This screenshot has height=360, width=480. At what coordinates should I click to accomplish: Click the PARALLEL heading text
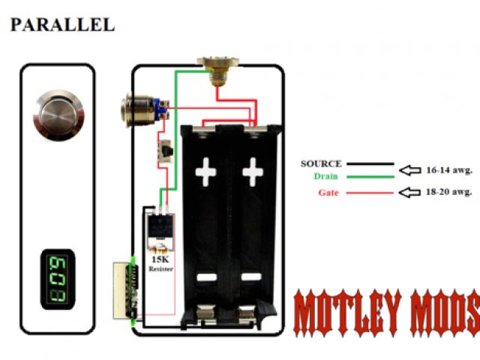tap(62, 25)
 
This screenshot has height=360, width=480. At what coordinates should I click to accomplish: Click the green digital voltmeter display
tap(57, 279)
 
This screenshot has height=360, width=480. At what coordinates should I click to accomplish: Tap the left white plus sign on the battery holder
tap(206, 172)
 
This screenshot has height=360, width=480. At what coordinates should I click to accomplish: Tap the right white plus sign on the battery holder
tap(253, 172)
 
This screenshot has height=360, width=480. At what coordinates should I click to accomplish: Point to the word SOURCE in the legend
tap(321, 163)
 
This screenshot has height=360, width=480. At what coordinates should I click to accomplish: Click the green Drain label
tap(326, 177)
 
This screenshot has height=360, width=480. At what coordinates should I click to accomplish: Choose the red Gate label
tap(328, 193)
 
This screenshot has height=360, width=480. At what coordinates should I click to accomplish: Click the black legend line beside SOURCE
tap(369, 163)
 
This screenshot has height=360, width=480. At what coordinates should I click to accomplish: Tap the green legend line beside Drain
tap(369, 177)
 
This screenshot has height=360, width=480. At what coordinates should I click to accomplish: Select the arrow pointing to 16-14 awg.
tap(409, 169)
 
